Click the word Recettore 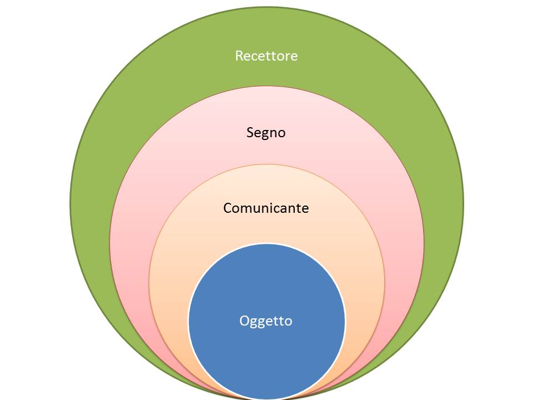point(266,56)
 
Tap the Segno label point(266,133)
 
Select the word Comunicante point(266,208)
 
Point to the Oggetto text point(266,321)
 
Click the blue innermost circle point(266,350)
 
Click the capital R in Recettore point(239,56)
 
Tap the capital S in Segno point(250,133)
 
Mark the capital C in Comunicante point(228,208)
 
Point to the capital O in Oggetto point(244,321)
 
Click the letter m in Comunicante point(244,209)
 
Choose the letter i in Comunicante point(270,208)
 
